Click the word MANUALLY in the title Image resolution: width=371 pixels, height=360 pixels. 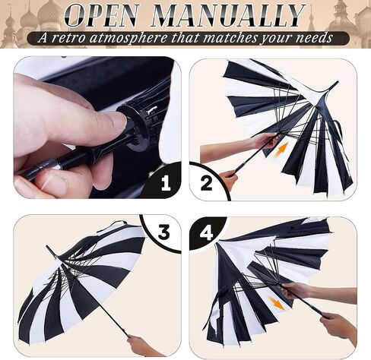click(x=228, y=15)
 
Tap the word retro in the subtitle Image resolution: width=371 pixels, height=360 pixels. click(x=68, y=38)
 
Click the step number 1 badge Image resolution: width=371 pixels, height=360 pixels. click(x=166, y=183)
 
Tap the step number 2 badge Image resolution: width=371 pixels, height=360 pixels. click(x=206, y=183)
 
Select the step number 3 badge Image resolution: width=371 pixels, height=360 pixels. click(x=163, y=232)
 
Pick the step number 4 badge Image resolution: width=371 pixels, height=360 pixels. click(x=206, y=232)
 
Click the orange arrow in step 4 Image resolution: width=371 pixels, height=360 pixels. click(x=277, y=303)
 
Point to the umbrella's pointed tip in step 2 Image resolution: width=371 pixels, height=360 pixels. click(x=337, y=83)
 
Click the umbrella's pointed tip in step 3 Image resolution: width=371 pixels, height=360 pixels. click(x=47, y=247)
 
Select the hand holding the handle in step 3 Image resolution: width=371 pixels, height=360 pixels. click(x=142, y=346)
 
